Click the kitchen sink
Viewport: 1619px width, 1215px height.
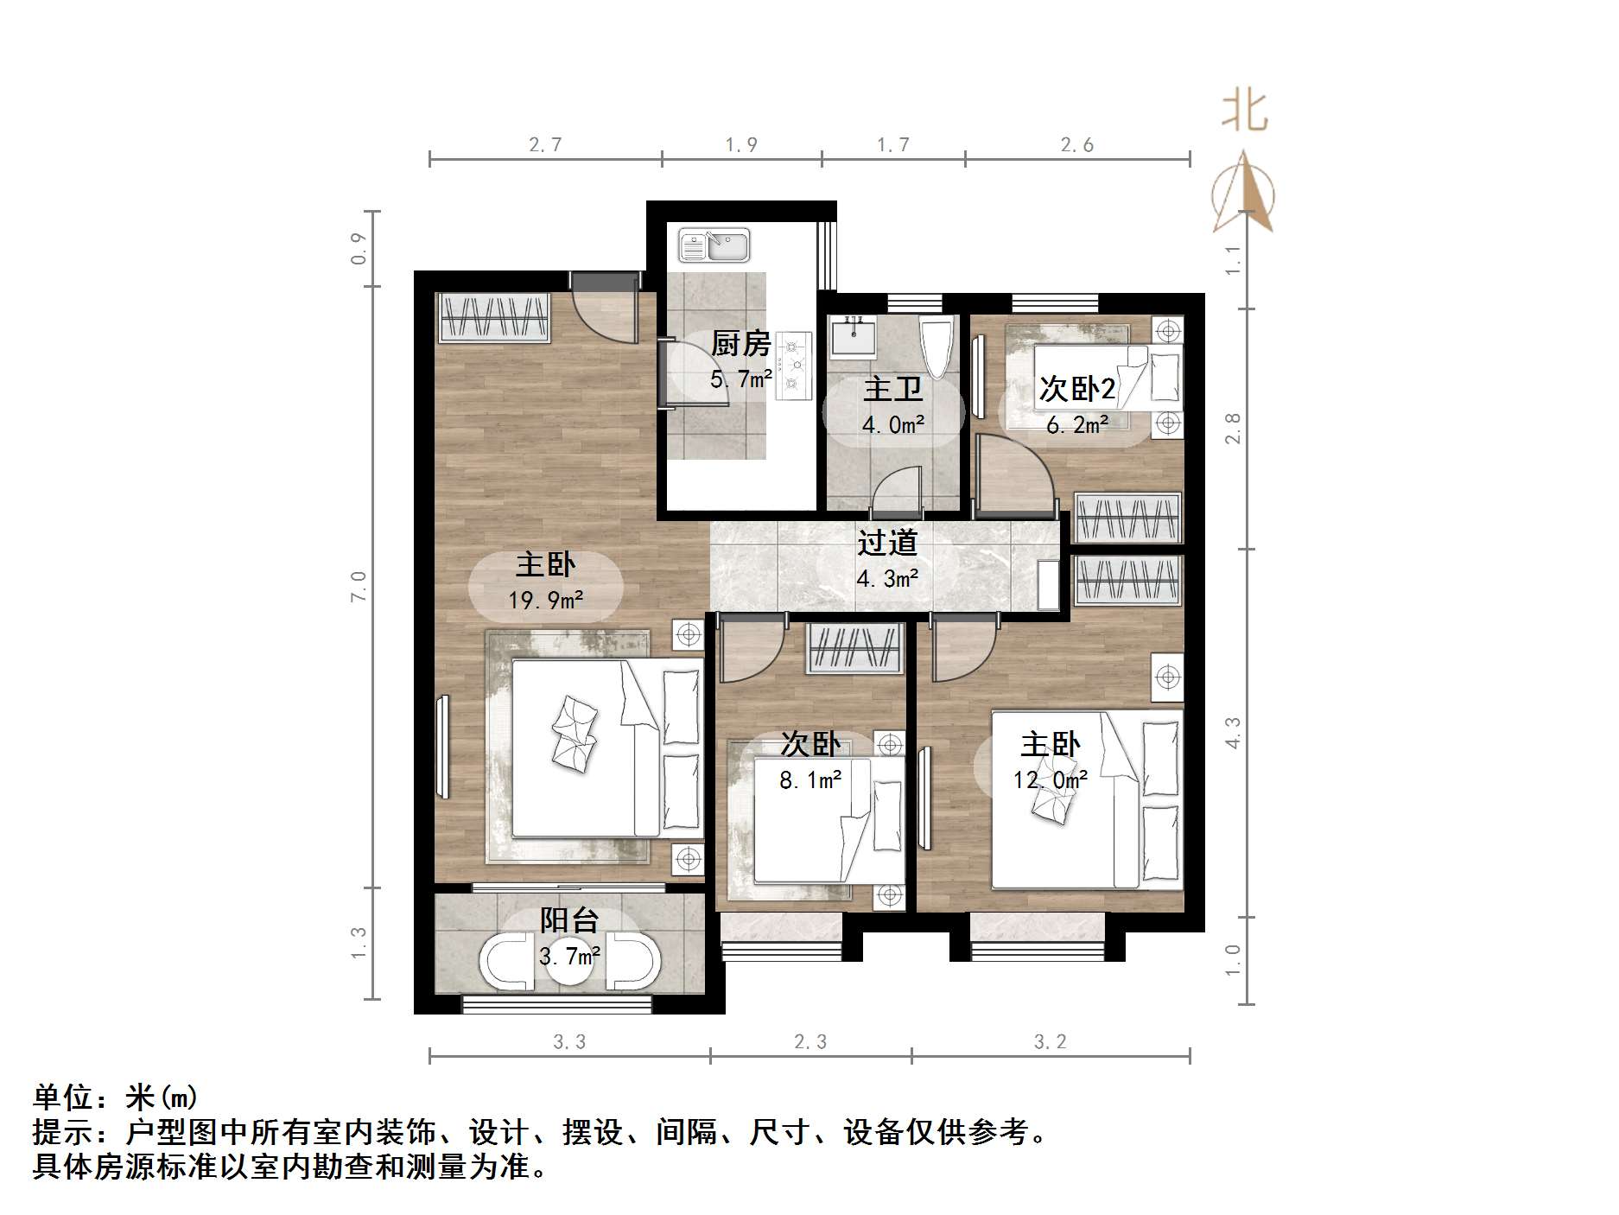coord(714,245)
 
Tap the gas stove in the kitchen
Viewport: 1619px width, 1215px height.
coord(794,366)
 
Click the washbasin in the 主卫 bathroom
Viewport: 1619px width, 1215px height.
coord(853,336)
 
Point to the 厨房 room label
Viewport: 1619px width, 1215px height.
coord(740,344)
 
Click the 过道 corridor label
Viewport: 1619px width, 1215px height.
coord(887,543)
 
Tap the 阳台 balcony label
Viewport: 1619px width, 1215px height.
coord(569,920)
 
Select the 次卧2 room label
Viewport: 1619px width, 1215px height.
coord(1077,389)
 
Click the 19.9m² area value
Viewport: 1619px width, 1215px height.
coord(545,599)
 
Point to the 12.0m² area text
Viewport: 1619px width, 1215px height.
coord(1050,780)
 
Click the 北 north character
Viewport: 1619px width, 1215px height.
coord(1245,112)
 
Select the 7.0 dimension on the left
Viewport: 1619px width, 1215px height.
coord(359,587)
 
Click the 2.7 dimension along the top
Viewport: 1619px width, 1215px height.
coord(545,144)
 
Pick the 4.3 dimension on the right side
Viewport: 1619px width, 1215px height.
coord(1233,733)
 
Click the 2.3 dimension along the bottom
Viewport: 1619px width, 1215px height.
coord(810,1042)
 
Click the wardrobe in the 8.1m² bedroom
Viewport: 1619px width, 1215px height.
coord(854,648)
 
